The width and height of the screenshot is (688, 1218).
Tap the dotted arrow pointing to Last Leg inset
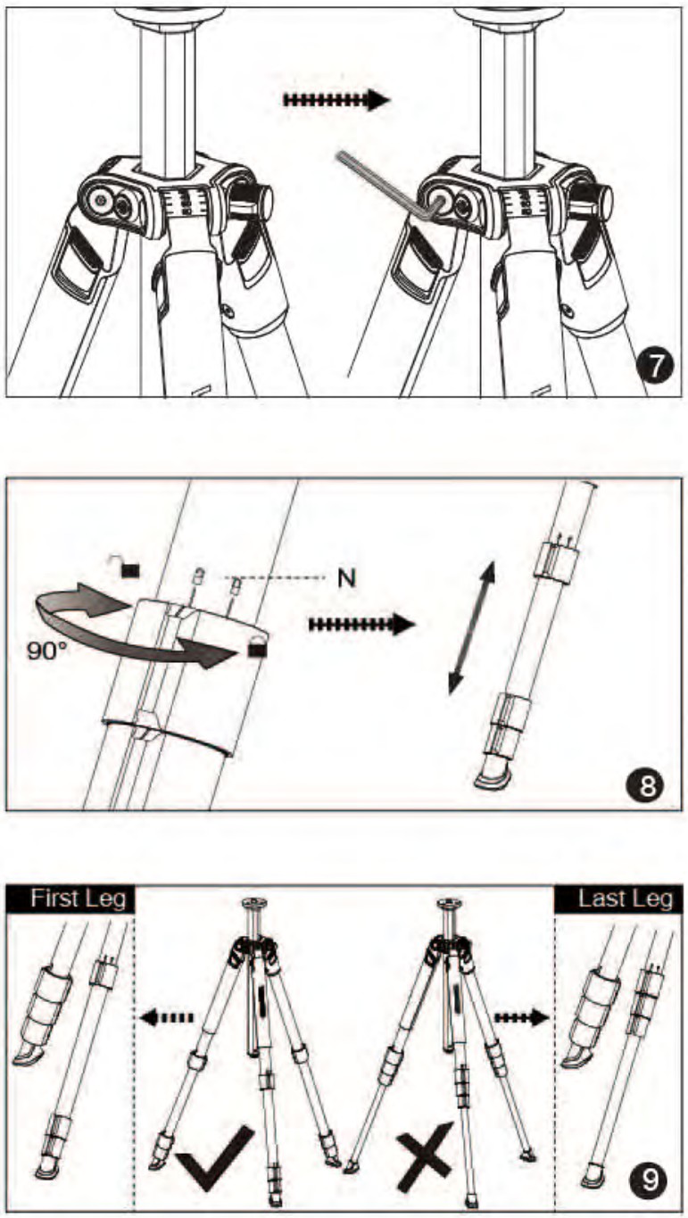(521, 1015)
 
